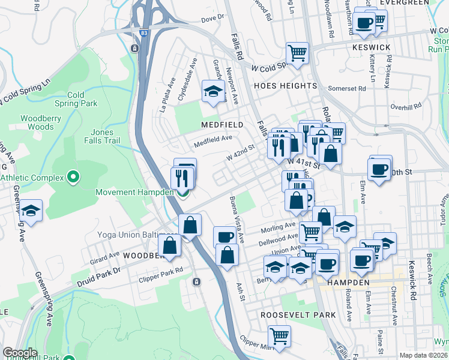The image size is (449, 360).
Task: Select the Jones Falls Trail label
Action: pyautogui.click(x=110, y=137)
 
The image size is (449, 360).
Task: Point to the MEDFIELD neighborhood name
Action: pyautogui.click(x=223, y=125)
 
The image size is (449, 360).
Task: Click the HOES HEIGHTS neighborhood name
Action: pyautogui.click(x=285, y=86)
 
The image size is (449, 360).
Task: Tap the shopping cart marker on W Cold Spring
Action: pyautogui.click(x=297, y=53)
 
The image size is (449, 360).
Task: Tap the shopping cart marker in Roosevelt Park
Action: pyautogui.click(x=279, y=335)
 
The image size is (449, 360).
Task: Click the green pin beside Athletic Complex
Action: pyautogui.click(x=73, y=177)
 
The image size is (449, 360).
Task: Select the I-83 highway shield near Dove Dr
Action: pyautogui.click(x=136, y=48)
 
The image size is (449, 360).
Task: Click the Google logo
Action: pyautogui.click(x=20, y=353)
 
